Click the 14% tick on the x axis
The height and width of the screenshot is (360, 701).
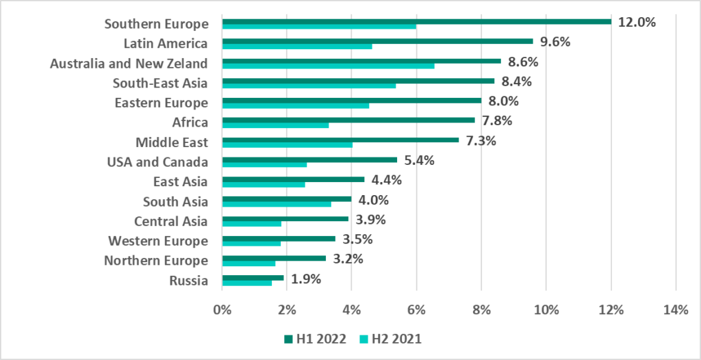(x=676, y=310)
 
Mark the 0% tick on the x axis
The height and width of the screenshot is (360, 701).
(x=222, y=310)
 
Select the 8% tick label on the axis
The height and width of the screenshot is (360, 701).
(x=481, y=310)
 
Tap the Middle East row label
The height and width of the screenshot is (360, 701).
(x=171, y=142)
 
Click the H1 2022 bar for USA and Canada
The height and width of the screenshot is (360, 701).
(x=309, y=159)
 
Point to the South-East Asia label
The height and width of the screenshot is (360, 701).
(x=160, y=83)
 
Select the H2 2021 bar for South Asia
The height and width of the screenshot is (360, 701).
(x=277, y=204)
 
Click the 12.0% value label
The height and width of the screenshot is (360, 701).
(x=637, y=22)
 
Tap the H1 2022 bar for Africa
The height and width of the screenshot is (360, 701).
(x=348, y=120)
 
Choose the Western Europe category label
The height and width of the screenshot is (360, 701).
(x=157, y=241)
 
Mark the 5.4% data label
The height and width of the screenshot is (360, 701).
(x=419, y=161)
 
